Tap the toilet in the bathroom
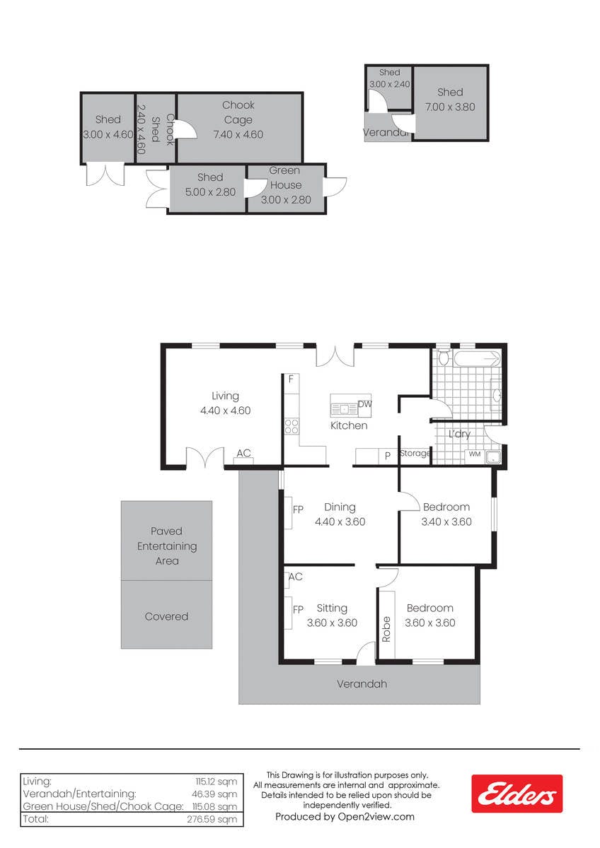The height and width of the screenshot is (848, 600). [x=443, y=357]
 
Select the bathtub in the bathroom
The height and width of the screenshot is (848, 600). [x=477, y=358]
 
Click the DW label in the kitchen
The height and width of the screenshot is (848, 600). [x=364, y=404]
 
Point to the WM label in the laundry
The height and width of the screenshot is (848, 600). [x=475, y=454]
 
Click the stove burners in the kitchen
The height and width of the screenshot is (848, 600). [x=292, y=426]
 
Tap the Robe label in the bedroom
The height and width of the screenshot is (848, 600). [x=386, y=629]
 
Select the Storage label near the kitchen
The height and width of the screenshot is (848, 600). [x=415, y=453]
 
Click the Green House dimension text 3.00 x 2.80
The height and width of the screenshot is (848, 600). [x=286, y=200]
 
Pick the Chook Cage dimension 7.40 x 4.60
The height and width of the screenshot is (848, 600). [x=238, y=134]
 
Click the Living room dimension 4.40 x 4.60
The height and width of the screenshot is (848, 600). [x=225, y=411]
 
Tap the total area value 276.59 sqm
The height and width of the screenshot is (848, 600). [x=212, y=819]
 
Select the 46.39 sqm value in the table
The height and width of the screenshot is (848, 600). [x=214, y=794]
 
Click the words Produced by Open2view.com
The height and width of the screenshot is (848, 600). [x=345, y=817]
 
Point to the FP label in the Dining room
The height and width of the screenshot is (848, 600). [x=298, y=510]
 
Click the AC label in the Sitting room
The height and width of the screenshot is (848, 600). [x=296, y=577]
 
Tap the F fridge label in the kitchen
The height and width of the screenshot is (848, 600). [x=291, y=379]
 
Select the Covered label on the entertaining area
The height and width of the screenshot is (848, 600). [x=166, y=616]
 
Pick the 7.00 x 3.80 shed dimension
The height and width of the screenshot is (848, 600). [x=450, y=107]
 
